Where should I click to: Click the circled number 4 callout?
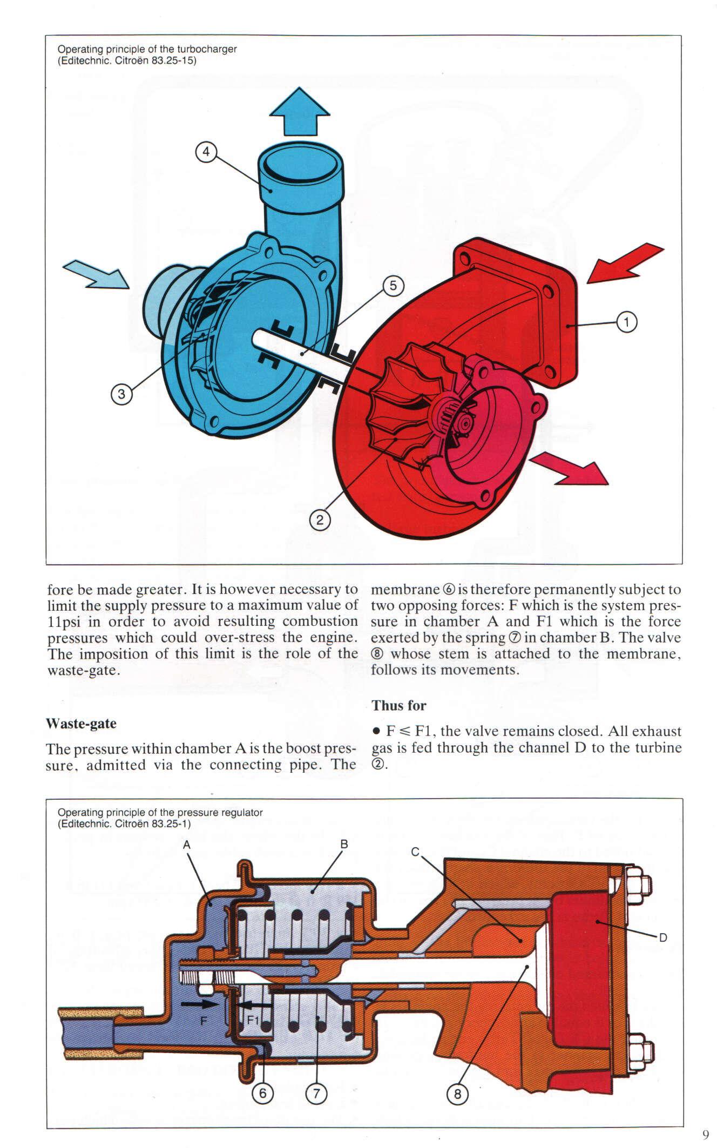[206, 152]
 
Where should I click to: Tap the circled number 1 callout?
[627, 322]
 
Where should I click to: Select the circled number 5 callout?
[393, 286]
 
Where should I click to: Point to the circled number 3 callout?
[121, 394]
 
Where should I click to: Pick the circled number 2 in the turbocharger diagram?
[320, 520]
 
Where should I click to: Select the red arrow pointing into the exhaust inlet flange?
[625, 264]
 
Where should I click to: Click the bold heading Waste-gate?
[82, 724]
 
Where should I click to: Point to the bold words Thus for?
[399, 706]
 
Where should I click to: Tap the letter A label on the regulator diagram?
[187, 845]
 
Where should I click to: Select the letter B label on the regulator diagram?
[344, 844]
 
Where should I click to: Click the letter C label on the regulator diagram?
[415, 852]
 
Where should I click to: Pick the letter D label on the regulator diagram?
[664, 938]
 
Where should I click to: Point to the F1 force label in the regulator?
[253, 1021]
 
